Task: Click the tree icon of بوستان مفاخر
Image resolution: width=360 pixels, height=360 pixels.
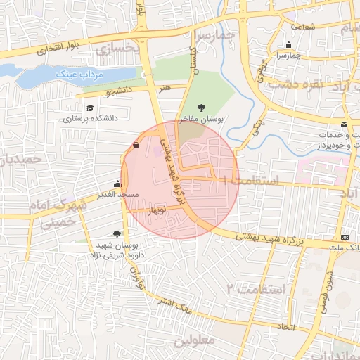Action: pyautogui.click(x=202, y=108)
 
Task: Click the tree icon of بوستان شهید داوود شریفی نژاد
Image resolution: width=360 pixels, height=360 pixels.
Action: pyautogui.click(x=117, y=233)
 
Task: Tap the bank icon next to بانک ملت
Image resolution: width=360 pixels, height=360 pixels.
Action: pyautogui.click(x=344, y=237)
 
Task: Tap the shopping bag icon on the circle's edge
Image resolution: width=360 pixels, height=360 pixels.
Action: pyautogui.click(x=135, y=146)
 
